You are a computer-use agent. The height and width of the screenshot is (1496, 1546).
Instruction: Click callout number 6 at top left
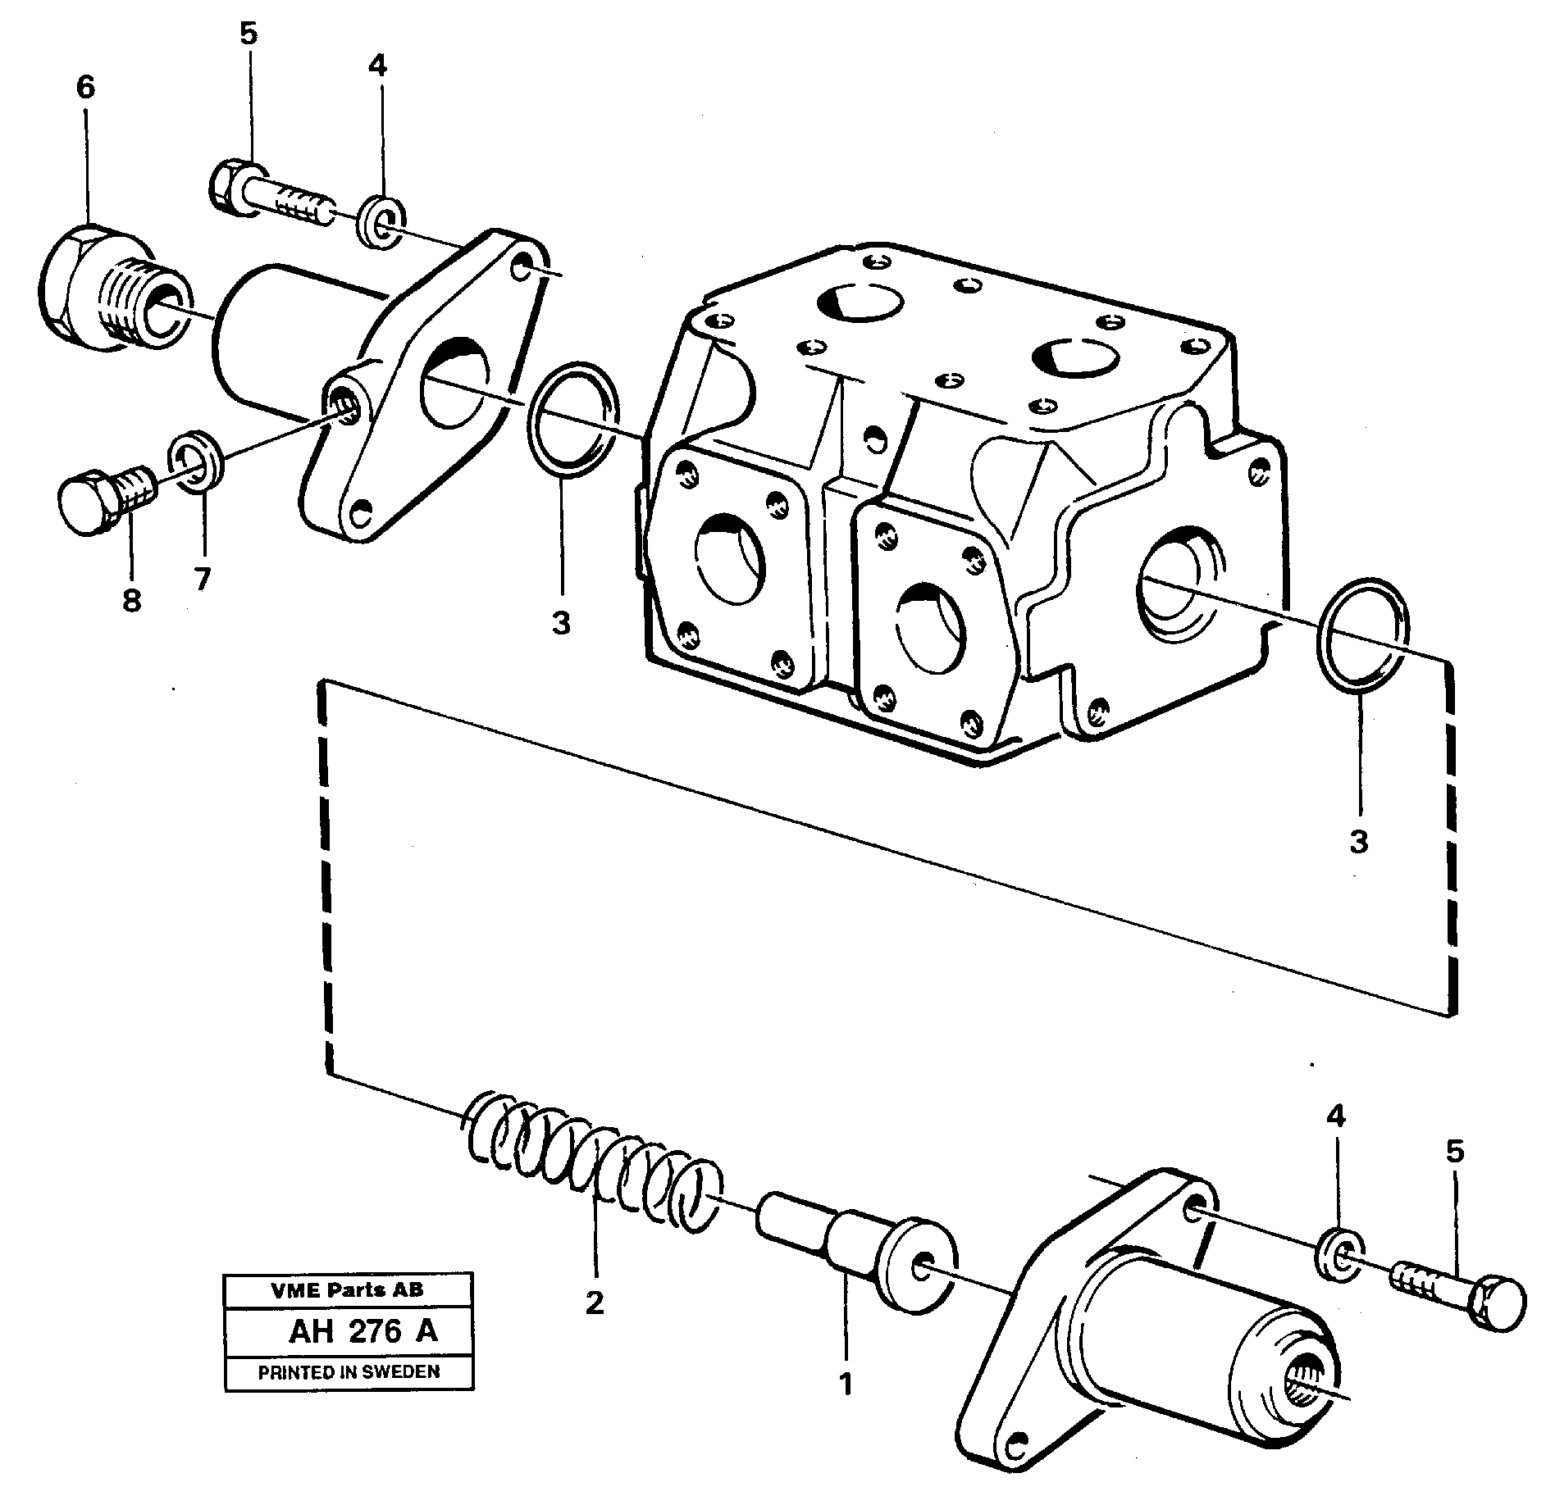tap(85, 87)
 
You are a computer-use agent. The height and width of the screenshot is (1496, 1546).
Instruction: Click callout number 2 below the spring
tap(594, 1302)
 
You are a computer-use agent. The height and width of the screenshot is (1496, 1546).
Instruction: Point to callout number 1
tap(845, 1385)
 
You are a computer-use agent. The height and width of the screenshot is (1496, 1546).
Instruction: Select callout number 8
tap(131, 600)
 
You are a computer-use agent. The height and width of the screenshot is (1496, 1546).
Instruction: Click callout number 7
tap(202, 580)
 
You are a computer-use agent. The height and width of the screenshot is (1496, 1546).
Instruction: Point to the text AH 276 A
tap(363, 1332)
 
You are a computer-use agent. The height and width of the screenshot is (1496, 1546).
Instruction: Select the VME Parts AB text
tap(349, 1290)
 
